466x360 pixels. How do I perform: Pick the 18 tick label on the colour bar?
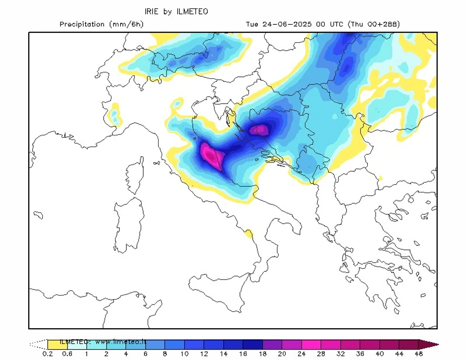pos(262,354)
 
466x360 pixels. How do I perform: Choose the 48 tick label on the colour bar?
pos(419,354)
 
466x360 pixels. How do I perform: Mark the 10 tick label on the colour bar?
pos(184,354)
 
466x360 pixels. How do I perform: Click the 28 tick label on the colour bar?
pos(321,354)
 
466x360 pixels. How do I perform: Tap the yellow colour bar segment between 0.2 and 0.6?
pos(57,344)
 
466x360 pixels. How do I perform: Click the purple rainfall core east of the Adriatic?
pos(259,130)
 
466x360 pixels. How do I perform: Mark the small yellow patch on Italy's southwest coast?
pos(248,233)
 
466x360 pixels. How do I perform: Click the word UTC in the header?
pos(338,24)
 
